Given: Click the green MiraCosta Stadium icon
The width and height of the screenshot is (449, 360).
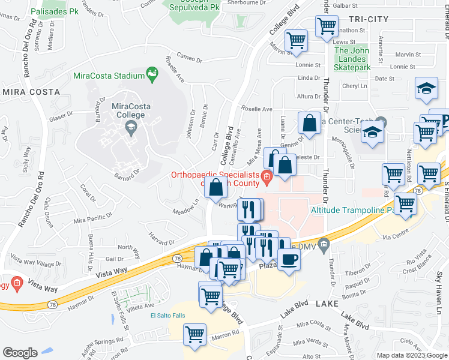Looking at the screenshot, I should click(x=153, y=75).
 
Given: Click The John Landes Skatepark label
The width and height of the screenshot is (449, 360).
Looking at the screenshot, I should click(x=351, y=59).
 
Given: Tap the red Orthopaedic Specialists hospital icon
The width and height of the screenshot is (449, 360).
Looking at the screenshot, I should click(x=267, y=175).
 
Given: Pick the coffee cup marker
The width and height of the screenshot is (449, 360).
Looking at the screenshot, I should click(x=289, y=260).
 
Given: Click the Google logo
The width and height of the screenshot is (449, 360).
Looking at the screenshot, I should click(x=20, y=353).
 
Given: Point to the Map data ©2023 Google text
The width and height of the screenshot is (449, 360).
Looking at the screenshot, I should click(x=411, y=355).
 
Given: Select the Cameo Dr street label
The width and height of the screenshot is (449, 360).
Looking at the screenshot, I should click(x=189, y=59).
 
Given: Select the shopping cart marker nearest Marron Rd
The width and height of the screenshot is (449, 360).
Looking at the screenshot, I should click(x=194, y=334).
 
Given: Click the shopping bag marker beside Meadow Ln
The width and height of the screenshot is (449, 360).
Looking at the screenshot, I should click(x=215, y=187).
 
